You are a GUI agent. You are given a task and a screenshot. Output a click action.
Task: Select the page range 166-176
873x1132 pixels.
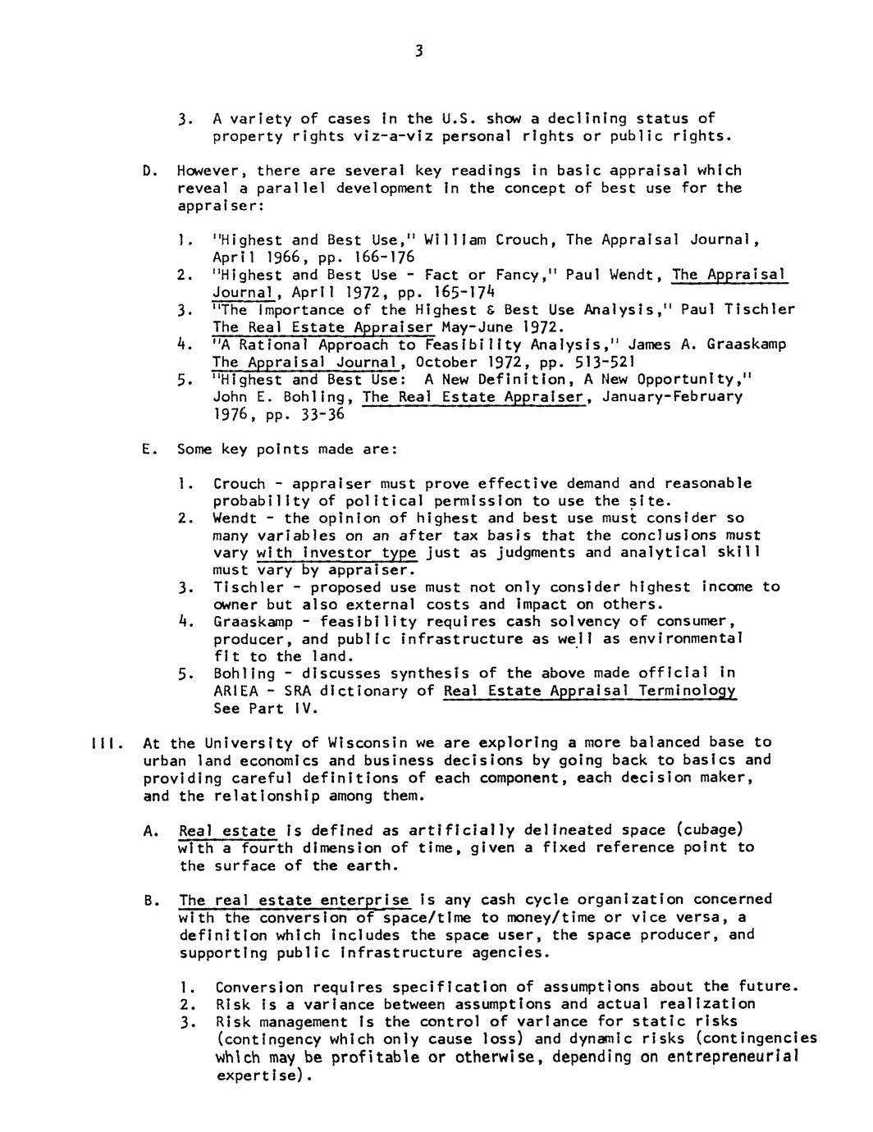click(368, 258)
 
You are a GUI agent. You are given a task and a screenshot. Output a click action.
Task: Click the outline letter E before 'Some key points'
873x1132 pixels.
click(147, 450)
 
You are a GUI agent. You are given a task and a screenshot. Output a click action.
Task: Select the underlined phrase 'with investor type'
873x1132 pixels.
click(336, 552)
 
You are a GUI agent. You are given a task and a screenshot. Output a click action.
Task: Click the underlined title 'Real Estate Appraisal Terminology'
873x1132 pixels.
click(589, 691)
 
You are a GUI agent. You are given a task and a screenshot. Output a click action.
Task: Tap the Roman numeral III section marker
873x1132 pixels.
click(105, 743)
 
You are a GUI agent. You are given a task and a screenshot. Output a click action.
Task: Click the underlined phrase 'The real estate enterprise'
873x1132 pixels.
click(294, 900)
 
